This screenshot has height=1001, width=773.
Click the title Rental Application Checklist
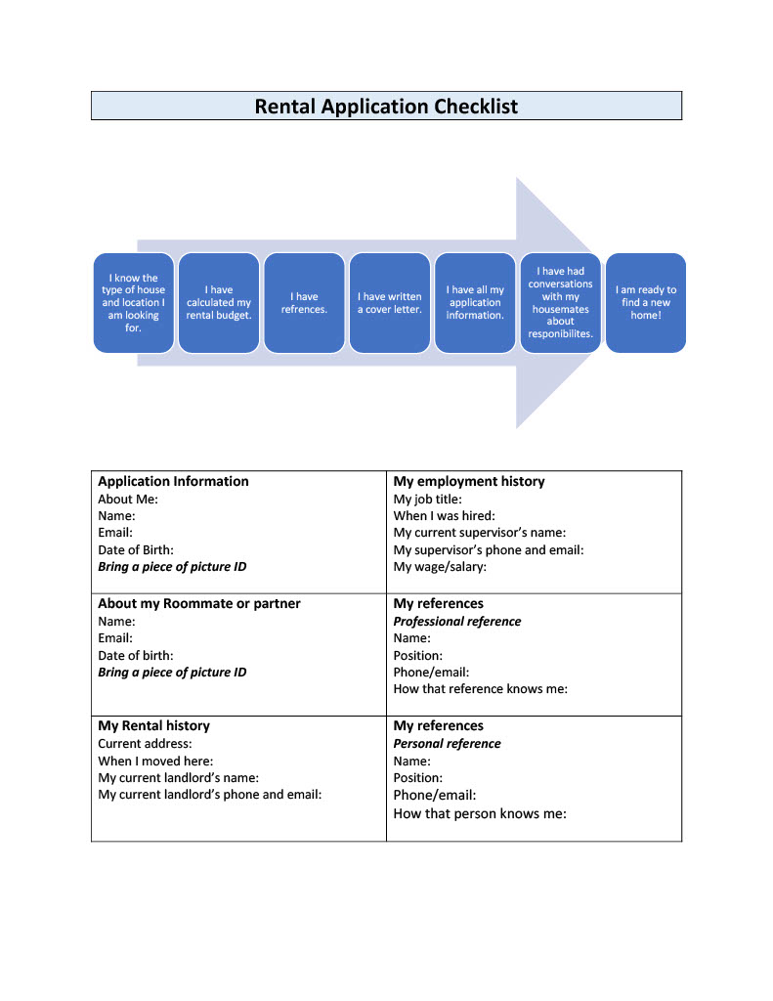click(386, 106)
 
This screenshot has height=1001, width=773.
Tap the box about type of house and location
click(134, 303)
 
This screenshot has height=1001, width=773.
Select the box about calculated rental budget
click(219, 303)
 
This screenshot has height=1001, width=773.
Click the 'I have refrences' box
click(305, 303)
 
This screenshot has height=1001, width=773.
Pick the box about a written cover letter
click(390, 303)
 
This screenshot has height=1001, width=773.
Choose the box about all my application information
click(475, 303)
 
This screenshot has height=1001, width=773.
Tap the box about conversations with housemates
click(560, 303)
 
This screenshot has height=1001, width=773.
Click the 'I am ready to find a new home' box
click(646, 303)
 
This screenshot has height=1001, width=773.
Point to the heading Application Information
click(173, 481)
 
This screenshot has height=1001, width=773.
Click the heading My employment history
click(469, 481)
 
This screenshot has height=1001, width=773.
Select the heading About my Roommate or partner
click(199, 603)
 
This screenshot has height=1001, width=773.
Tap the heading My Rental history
click(153, 726)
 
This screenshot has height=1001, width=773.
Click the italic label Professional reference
click(457, 621)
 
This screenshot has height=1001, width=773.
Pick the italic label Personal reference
click(447, 744)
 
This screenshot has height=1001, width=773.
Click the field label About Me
click(128, 500)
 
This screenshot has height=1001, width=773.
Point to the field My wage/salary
click(440, 567)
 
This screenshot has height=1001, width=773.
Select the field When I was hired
click(445, 516)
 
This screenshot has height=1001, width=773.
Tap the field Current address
click(145, 744)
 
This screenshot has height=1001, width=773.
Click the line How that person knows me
click(480, 814)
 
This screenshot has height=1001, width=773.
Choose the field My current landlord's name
click(178, 777)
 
